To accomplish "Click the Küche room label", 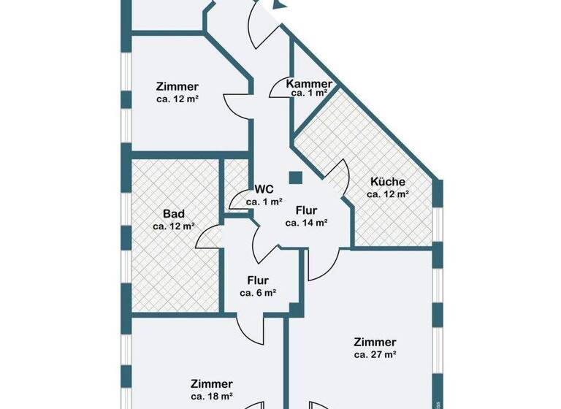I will click(x=387, y=182).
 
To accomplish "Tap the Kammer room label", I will click(x=309, y=83).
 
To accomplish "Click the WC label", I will click(x=264, y=188).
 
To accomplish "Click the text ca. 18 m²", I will click(x=212, y=396).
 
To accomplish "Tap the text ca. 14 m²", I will click(x=306, y=223).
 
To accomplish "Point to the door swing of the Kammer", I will click(x=282, y=89).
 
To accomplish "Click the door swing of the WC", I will click(x=238, y=199).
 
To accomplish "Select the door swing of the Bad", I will click(x=210, y=237).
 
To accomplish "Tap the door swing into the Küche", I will click(x=338, y=180).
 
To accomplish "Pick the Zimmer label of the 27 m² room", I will click(x=375, y=342).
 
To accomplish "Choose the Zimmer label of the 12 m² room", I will click(x=178, y=86).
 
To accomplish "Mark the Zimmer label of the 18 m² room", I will click(x=212, y=383).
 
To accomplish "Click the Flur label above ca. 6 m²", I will click(x=258, y=280).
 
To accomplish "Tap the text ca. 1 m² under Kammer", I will click(x=309, y=93).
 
